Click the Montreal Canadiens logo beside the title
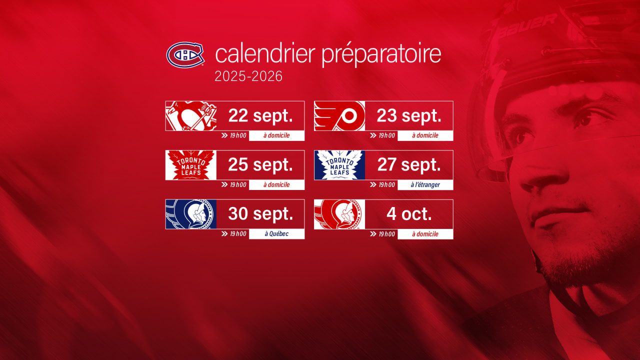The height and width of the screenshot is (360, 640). click(x=185, y=54)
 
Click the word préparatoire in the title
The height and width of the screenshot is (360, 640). click(x=381, y=54)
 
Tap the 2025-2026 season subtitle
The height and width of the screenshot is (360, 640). click(x=248, y=76)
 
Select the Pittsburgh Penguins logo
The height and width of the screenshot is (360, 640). click(x=191, y=116)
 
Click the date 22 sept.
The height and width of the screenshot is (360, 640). click(x=260, y=116)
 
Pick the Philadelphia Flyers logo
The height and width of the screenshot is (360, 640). click(x=339, y=116)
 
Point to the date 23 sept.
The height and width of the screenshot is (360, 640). click(x=408, y=116)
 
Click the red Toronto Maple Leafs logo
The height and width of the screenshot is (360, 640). click(x=191, y=165)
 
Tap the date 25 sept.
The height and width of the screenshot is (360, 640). click(x=260, y=165)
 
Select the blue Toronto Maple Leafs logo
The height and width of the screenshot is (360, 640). click(x=339, y=165)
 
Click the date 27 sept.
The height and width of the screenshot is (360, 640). click(x=408, y=165)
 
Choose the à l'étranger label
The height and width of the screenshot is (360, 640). click(x=425, y=185)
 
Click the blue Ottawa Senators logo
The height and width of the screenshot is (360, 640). click(x=191, y=214)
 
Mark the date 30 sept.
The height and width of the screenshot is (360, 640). click(x=260, y=214)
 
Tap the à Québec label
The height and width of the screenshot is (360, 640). click(x=276, y=234)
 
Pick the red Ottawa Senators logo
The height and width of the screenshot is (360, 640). click(x=339, y=214)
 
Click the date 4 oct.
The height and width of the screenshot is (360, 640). click(x=408, y=214)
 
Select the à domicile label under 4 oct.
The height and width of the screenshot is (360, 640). click(x=425, y=234)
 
